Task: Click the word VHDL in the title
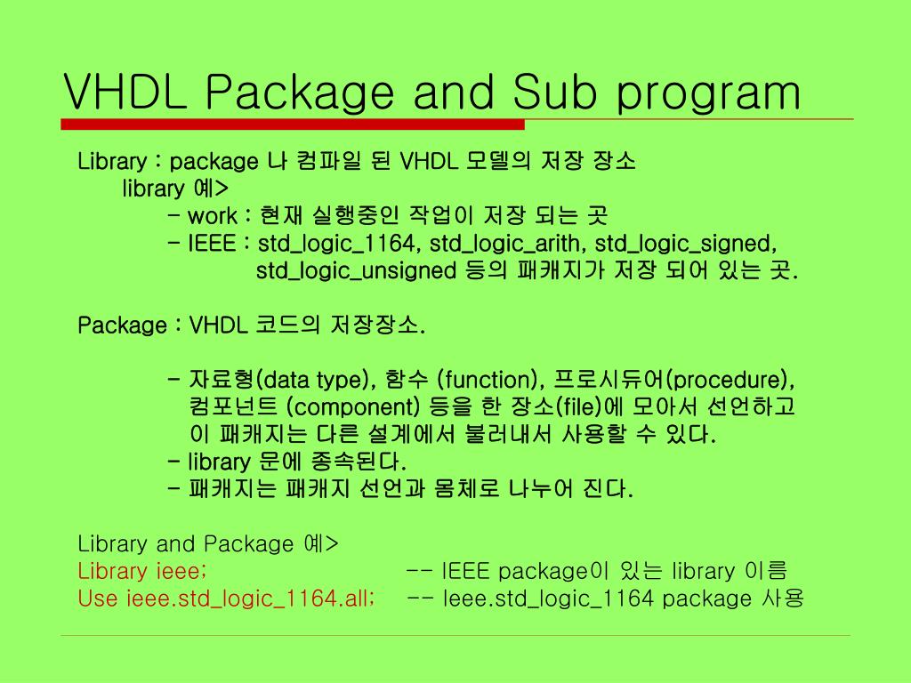point(125,92)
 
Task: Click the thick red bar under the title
point(294,125)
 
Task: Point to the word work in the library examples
point(212,216)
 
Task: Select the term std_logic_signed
point(686,244)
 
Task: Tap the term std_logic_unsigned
point(356,270)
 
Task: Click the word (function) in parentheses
point(490,381)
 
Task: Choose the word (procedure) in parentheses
point(730,381)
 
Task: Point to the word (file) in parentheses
point(580,408)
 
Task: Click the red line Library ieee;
point(142,571)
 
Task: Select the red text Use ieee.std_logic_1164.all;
point(226,599)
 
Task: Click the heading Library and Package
point(185,543)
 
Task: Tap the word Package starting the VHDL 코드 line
point(122,325)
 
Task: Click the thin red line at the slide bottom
point(455,635)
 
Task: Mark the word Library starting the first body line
point(112,162)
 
